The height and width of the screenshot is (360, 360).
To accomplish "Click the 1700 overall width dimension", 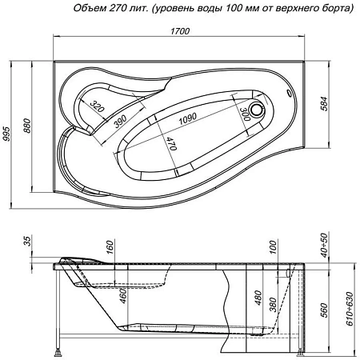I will pos(179,33).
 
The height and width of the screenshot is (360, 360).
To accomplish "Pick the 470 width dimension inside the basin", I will pos(170,145).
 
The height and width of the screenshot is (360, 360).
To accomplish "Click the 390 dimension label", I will pos(120,121).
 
